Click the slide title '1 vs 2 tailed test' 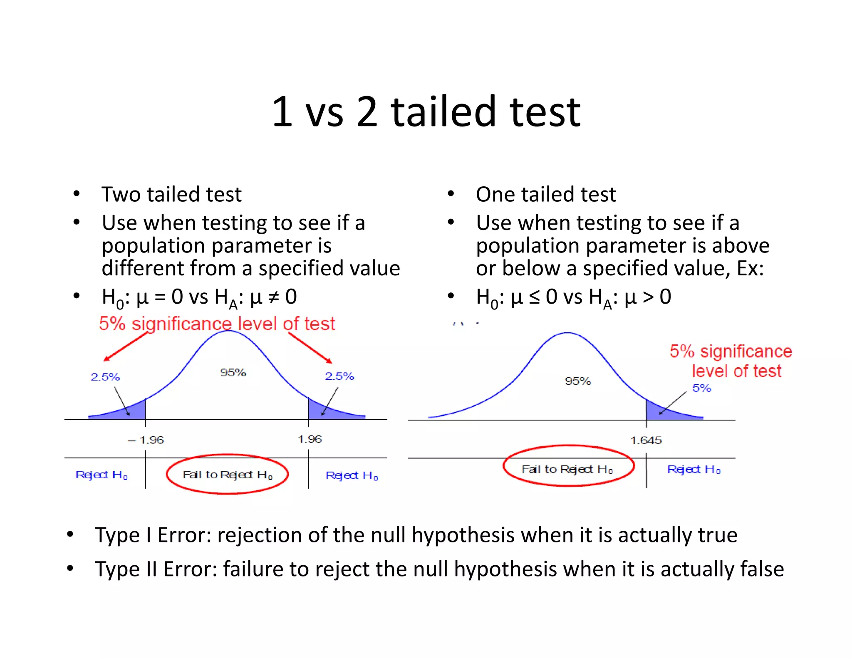pyautogui.click(x=426, y=111)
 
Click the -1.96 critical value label pyautogui.click(x=146, y=440)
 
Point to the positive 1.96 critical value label pyautogui.click(x=310, y=439)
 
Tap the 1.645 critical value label pyautogui.click(x=646, y=440)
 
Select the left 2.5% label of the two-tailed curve pyautogui.click(x=105, y=377)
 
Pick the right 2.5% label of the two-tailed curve pyautogui.click(x=339, y=376)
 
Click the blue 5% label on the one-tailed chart pyautogui.click(x=701, y=388)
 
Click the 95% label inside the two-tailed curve pyautogui.click(x=233, y=372)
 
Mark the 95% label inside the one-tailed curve pyautogui.click(x=578, y=381)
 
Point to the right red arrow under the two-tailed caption pyautogui.click(x=310, y=348)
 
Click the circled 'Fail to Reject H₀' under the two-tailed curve pyautogui.click(x=227, y=475)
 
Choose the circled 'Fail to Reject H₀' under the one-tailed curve pyautogui.click(x=567, y=469)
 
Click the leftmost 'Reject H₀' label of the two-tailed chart pyautogui.click(x=102, y=475)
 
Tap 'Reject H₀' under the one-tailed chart pyautogui.click(x=693, y=470)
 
